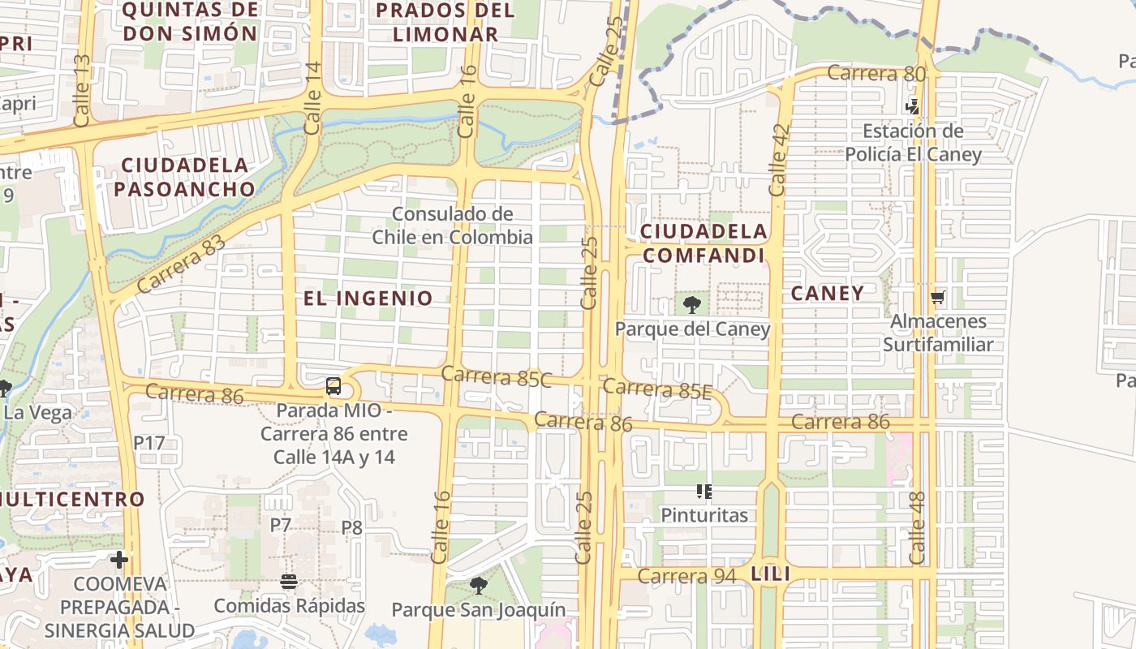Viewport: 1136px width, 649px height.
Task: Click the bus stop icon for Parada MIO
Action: [333, 386]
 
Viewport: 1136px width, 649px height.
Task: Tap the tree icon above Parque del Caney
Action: [692, 305]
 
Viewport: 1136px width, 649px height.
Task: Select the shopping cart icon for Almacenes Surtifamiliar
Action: [938, 298]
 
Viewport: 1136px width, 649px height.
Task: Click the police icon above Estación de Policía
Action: [913, 106]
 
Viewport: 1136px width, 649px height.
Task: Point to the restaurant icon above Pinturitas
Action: [704, 491]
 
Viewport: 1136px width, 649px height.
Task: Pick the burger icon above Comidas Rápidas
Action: [289, 582]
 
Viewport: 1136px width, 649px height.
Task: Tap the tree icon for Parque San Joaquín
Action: [479, 585]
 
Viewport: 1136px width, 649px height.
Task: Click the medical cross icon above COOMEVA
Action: [119, 560]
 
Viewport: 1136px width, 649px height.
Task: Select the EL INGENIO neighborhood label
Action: [368, 298]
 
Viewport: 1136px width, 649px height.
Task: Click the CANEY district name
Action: [828, 293]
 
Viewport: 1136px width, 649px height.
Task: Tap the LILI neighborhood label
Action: [771, 574]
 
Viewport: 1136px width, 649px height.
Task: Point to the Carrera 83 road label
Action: [181, 263]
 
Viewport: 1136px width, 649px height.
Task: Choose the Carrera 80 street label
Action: [876, 74]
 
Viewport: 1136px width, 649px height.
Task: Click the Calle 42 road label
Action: [779, 159]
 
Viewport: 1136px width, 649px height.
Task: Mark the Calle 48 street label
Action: [918, 528]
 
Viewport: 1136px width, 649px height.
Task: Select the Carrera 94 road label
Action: [686, 576]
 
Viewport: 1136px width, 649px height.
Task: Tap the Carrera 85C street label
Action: [497, 376]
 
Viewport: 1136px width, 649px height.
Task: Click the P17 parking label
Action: [149, 443]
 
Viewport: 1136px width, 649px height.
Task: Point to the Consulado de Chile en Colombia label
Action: [452, 226]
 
